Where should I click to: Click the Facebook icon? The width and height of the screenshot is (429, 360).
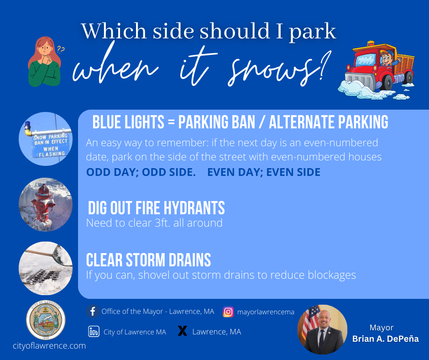(x=93, y=312)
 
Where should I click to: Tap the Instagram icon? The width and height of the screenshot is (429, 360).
(x=228, y=312)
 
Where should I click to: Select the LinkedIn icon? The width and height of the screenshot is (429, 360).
(x=94, y=332)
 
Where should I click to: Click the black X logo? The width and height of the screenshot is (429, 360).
(x=183, y=331)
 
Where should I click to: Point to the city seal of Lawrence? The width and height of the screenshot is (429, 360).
(x=46, y=320)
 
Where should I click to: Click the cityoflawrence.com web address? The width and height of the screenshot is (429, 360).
(x=49, y=346)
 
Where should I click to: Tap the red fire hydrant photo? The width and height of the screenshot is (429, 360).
(x=46, y=205)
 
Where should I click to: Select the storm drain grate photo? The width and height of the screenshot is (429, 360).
(x=46, y=268)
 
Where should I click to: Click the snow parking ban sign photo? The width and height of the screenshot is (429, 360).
(x=46, y=139)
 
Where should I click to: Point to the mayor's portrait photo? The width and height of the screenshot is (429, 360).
(x=322, y=329)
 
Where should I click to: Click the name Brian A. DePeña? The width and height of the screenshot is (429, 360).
(x=386, y=339)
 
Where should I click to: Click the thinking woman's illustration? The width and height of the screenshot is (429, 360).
(x=45, y=62)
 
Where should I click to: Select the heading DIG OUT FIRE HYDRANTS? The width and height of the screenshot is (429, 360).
(x=156, y=208)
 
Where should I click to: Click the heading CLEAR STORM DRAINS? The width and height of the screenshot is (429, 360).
(x=149, y=260)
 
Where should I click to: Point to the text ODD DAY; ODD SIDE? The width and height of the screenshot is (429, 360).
(x=141, y=172)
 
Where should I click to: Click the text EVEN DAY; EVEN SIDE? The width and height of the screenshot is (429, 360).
(x=264, y=172)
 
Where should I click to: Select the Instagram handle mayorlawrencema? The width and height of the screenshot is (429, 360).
(x=266, y=312)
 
